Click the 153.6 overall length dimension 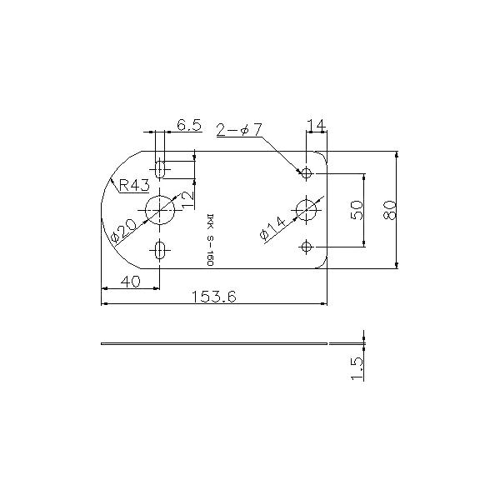[215, 296]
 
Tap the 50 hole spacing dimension [357, 210]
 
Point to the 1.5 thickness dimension [357, 367]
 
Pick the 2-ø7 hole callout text [239, 130]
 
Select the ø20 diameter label [122, 226]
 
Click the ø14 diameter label [272, 227]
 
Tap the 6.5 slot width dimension [188, 125]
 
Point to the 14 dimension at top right [316, 125]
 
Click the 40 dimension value [129, 282]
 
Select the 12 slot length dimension [187, 197]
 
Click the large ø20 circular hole [160, 210]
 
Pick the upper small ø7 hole [307, 173]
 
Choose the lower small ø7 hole [307, 247]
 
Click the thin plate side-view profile [217, 342]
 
